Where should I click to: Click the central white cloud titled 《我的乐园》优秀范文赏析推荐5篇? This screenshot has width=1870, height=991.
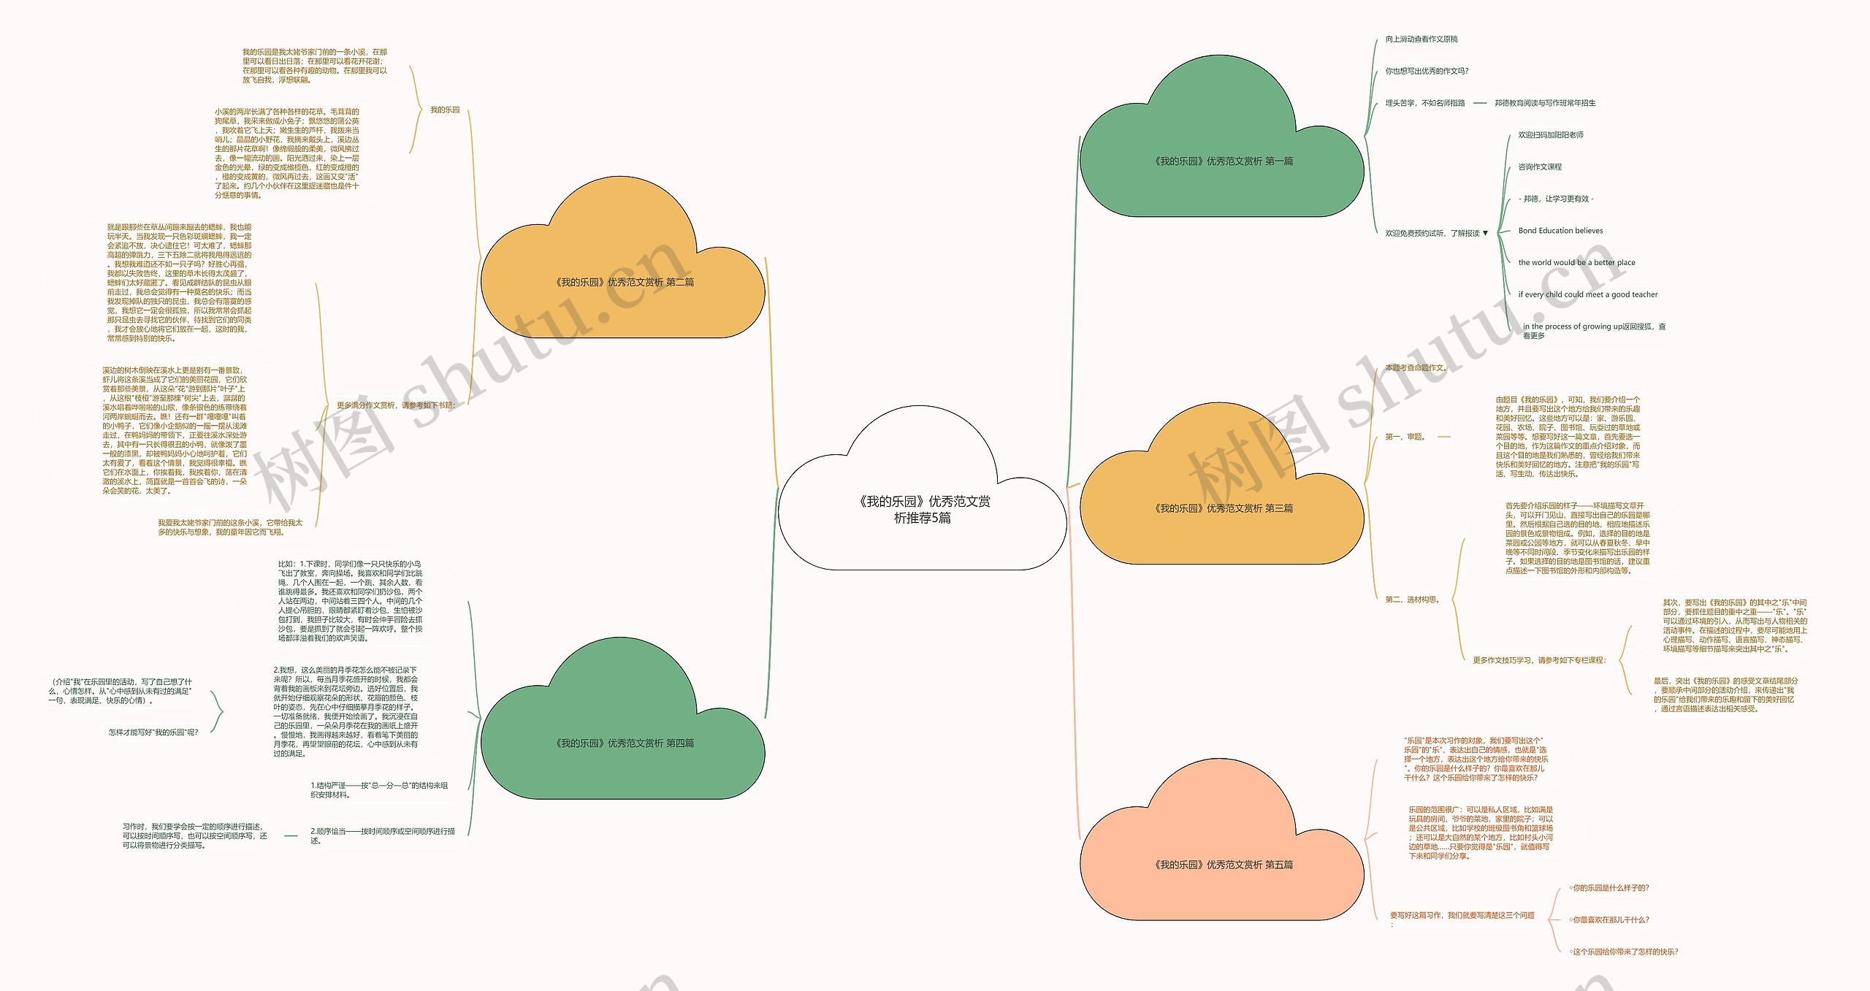tap(923, 509)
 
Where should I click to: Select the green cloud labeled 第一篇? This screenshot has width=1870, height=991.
tap(1222, 161)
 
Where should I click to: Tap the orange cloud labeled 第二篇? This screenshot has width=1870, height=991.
tap(623, 283)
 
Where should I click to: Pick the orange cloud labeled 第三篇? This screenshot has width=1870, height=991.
tap(1222, 508)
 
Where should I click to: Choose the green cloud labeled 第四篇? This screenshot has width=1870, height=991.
tap(623, 743)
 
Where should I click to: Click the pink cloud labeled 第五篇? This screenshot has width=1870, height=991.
tap(1222, 865)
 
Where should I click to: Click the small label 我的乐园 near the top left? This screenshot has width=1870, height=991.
tap(445, 110)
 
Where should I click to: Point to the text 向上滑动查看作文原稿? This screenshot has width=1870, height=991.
tap(1421, 39)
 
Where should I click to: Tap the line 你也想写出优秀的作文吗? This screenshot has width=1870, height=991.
tap(1427, 72)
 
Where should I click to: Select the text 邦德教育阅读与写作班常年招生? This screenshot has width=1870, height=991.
tap(1545, 104)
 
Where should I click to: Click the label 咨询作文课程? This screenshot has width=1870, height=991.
tap(1540, 167)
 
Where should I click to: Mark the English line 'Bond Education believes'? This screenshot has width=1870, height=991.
tap(1560, 231)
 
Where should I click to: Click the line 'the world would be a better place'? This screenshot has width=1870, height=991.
tap(1576, 263)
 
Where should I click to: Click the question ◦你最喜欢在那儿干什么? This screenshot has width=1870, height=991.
tap(1608, 920)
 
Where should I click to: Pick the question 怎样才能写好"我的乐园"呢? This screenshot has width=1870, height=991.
tap(153, 732)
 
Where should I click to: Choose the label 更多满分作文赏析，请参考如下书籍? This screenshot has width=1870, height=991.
tap(396, 405)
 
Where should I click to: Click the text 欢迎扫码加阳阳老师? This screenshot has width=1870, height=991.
tap(1551, 135)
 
